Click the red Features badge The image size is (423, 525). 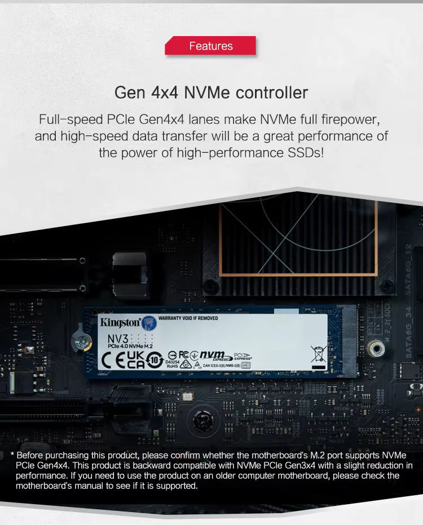point(210,46)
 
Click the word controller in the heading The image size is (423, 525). point(272,92)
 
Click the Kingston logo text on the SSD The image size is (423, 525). point(120,323)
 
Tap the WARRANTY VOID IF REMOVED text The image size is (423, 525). point(188,319)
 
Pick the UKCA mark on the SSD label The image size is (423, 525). point(135,360)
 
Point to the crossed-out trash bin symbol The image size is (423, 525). point(318,354)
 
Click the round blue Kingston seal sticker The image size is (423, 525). point(149,323)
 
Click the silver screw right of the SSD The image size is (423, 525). point(376,348)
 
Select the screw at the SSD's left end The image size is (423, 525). point(83,341)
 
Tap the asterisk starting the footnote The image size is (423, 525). point(12,455)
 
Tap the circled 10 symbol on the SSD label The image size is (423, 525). point(155,359)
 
